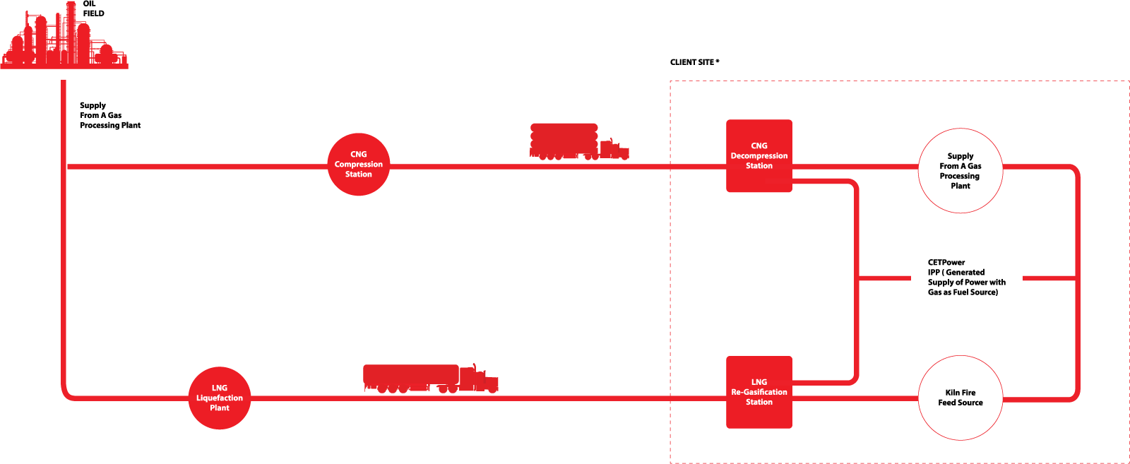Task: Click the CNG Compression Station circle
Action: [x=359, y=165]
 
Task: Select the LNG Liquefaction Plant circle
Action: [x=220, y=398]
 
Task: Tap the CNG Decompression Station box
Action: [x=759, y=156]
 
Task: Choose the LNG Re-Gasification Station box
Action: [x=759, y=393]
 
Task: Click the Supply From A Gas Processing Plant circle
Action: [x=961, y=171]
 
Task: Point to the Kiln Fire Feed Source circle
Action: [x=961, y=398]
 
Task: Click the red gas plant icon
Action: [x=64, y=39]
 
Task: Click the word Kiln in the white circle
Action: [x=952, y=393]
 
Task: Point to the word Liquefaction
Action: [x=220, y=398]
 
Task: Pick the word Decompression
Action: [x=759, y=156]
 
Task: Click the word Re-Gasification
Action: [x=759, y=392]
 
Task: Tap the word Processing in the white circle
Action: [x=960, y=176]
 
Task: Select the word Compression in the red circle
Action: [x=359, y=165]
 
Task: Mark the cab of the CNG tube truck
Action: [x=613, y=148]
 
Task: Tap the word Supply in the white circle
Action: [x=961, y=156]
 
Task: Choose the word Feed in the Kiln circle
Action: [x=947, y=403]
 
